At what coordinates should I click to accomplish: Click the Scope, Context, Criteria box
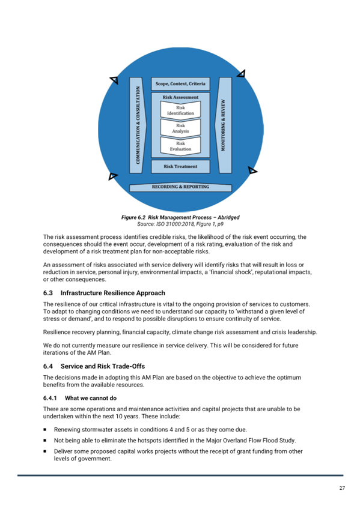point(180,84)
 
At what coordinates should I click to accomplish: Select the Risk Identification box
point(180,110)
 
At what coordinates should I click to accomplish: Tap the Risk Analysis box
point(180,128)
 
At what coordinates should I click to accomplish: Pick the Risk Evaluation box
point(180,146)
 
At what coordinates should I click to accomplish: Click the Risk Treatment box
point(180,166)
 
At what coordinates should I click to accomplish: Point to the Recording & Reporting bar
point(180,187)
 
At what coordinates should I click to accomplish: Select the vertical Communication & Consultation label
point(138,125)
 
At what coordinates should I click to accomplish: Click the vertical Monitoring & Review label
point(223,125)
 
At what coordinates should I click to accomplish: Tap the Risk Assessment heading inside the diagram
point(180,97)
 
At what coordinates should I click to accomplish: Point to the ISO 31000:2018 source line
point(180,224)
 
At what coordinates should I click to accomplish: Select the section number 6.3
point(48,293)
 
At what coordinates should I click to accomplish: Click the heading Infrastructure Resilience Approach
point(113,293)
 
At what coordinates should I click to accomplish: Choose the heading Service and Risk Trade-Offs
point(103,366)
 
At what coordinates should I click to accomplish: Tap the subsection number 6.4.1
point(50,399)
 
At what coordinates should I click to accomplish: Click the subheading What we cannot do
point(91,399)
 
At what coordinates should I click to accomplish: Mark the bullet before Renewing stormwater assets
point(45,430)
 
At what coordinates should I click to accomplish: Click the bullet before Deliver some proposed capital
point(45,451)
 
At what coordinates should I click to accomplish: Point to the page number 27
point(342,488)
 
